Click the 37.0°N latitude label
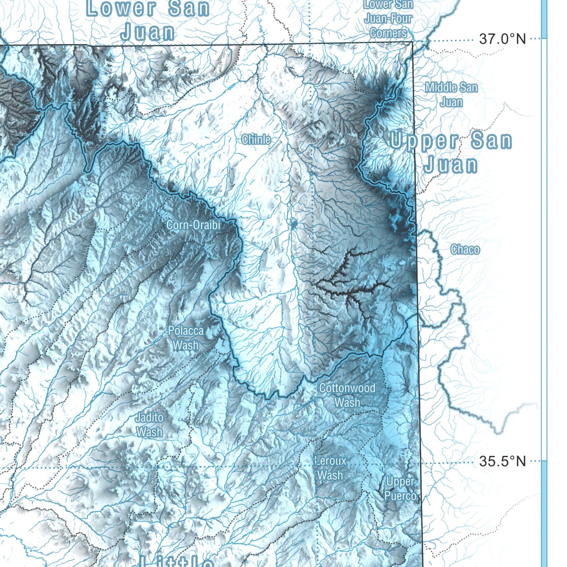502,39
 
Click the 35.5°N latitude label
502,461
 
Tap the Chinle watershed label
256,139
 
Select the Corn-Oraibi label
193,225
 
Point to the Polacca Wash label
186,338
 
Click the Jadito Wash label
149,425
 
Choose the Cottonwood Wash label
347,395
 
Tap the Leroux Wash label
330,468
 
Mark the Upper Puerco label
400,489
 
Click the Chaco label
465,249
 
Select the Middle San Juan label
451,95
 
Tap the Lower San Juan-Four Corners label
388,18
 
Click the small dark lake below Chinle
294,225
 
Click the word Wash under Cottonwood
347,403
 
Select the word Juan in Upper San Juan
451,164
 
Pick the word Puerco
400,496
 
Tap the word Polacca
186,331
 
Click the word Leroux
331,461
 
